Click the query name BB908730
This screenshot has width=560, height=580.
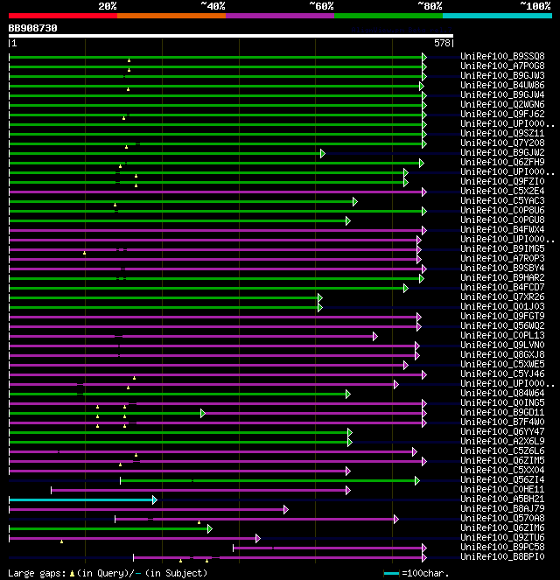(x=33, y=28)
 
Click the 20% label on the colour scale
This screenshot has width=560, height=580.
(x=107, y=5)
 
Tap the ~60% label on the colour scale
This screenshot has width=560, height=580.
(x=321, y=5)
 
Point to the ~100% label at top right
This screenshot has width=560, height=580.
(x=535, y=5)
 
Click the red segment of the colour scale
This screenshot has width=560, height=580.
(x=62, y=15)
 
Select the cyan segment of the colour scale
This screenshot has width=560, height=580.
(x=497, y=15)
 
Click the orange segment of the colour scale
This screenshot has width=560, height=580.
(x=171, y=15)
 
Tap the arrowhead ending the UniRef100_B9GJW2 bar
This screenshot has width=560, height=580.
(x=322, y=152)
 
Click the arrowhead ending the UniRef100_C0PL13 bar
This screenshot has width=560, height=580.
(x=374, y=335)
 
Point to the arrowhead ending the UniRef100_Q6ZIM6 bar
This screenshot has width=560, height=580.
(x=209, y=528)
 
